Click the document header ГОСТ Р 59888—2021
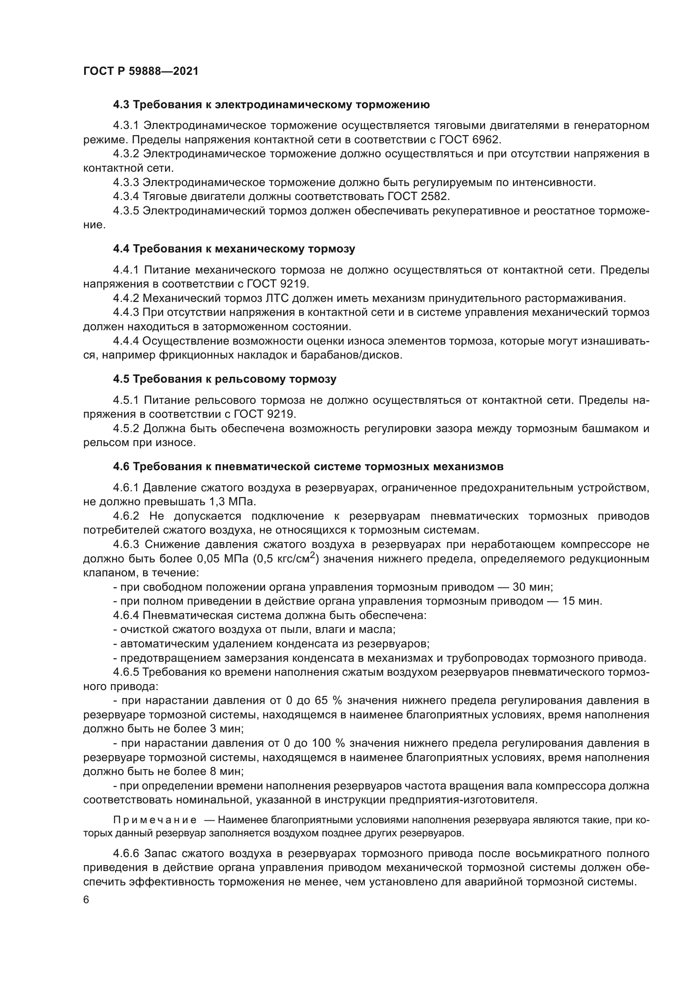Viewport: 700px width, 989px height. point(141,71)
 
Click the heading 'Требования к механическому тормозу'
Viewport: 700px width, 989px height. point(244,249)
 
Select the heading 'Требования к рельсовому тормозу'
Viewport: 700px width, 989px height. point(234,379)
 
